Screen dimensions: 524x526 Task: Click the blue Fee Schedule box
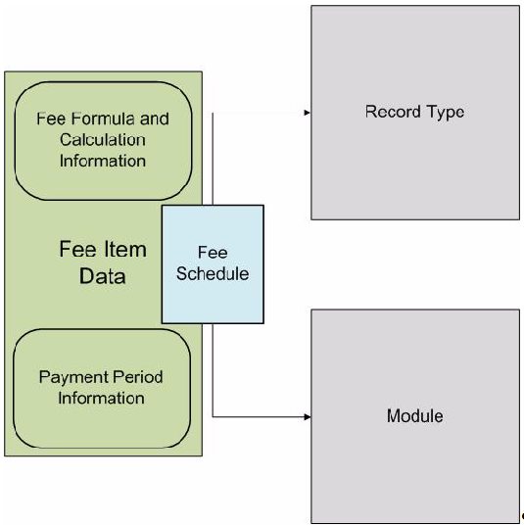point(213,264)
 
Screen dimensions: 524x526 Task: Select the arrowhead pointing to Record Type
point(308,113)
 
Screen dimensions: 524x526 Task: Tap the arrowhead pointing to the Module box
point(308,417)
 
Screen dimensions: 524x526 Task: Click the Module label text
point(415,416)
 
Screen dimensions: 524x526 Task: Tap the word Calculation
point(103,140)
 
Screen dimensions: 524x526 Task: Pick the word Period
point(137,377)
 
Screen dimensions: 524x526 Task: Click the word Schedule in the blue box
point(213,273)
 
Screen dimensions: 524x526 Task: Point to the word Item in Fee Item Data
point(124,250)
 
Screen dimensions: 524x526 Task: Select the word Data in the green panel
point(102,276)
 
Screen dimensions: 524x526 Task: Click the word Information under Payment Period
point(101,399)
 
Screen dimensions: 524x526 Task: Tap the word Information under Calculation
point(103,161)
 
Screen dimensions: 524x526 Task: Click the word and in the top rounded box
point(155,119)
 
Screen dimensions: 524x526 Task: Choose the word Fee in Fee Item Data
point(78,250)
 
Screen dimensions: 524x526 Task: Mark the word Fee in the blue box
point(213,253)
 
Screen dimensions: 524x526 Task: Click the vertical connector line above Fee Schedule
point(213,159)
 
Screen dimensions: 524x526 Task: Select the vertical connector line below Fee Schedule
point(213,370)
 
